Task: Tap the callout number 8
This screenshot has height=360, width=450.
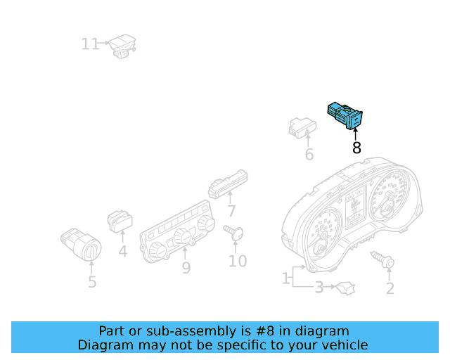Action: tap(356, 148)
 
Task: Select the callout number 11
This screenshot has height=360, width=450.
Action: tap(90, 45)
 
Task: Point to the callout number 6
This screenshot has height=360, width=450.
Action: tap(309, 155)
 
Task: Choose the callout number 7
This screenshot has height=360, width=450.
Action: tap(231, 210)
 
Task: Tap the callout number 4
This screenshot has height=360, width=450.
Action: tap(122, 250)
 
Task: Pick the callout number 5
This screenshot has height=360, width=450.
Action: tap(92, 283)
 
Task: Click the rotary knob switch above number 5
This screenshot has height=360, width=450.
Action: tap(82, 244)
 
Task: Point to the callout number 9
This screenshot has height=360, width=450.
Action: tap(186, 268)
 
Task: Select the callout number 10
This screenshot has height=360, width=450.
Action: tap(237, 262)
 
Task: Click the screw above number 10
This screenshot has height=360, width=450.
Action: tap(234, 233)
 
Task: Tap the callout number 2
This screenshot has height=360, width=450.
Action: tap(390, 288)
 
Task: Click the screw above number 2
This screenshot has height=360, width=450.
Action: tap(383, 260)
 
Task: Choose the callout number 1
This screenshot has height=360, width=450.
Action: tap(285, 278)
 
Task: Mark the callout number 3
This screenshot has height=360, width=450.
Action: tap(319, 287)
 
